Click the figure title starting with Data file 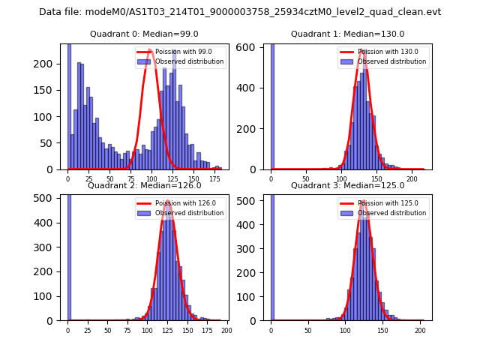coord(240,12)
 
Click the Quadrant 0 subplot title coord(144,34)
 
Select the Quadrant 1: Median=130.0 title coord(347,34)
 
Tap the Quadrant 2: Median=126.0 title coord(144,185)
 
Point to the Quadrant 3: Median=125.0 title coord(347,185)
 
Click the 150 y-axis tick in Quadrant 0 coord(47,91)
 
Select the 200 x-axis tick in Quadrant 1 coord(412,179)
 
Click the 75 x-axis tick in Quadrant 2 coord(127,330)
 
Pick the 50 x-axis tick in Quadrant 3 coord(308,330)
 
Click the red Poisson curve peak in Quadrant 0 coord(151,51)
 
